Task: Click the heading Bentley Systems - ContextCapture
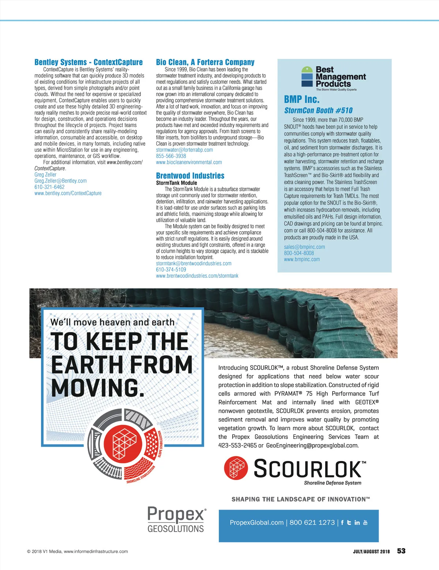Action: tap(89, 62)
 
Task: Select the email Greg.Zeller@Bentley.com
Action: tap(60, 181)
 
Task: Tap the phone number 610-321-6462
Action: tap(49, 187)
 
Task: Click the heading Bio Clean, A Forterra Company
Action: tap(205, 62)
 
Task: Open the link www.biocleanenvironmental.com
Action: tap(189, 162)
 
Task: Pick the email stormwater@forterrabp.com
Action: tap(184, 150)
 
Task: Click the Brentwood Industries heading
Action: tap(190, 176)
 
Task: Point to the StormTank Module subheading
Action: tap(176, 183)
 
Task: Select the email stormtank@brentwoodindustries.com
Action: tap(194, 263)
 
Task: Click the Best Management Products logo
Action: tap(333, 78)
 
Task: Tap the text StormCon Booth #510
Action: tap(318, 110)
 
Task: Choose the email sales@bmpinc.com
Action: tap(304, 247)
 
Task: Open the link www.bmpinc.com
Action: tap(302, 259)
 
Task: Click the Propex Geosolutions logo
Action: tap(176, 520)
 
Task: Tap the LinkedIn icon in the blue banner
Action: tap(357, 523)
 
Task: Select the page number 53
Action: tap(401, 551)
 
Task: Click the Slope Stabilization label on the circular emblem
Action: tap(160, 444)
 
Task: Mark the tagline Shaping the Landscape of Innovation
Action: tap(300, 499)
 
